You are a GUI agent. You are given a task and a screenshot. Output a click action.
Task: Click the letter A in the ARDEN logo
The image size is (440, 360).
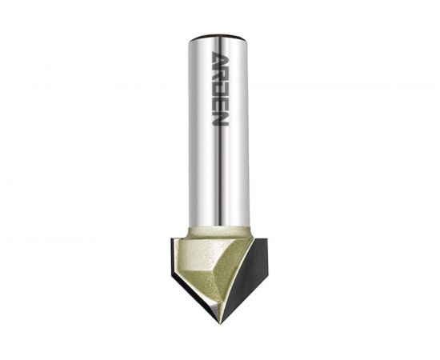219,58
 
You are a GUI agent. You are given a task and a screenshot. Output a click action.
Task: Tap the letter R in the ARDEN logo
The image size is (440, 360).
219,74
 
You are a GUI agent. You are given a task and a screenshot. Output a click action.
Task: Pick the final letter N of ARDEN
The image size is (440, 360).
219,118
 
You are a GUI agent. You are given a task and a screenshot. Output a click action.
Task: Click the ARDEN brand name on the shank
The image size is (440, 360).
219,88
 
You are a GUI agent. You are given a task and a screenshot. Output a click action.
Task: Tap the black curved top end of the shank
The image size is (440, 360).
218,38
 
